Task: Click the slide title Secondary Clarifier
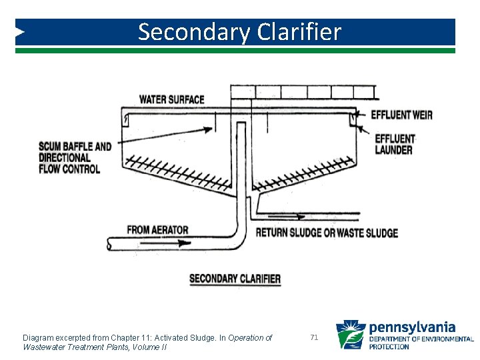239,32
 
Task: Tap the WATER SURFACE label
171,99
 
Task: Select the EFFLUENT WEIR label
402,115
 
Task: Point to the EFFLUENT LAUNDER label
394,144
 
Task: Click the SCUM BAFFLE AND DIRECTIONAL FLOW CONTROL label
75,158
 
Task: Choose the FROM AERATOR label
157,230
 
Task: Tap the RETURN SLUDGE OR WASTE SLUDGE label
327,233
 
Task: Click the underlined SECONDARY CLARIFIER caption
235,279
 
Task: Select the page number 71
315,338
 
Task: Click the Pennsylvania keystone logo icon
350,335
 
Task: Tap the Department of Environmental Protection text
421,343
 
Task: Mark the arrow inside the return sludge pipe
293,217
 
